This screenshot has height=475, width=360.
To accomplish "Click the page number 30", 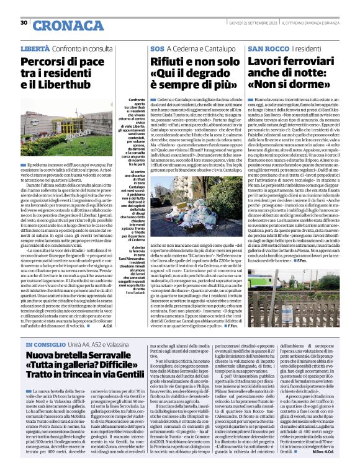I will (24, 23).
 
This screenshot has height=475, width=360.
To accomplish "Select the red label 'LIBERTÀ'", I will (35, 48).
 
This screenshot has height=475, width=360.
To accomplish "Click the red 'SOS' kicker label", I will (157, 48).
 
